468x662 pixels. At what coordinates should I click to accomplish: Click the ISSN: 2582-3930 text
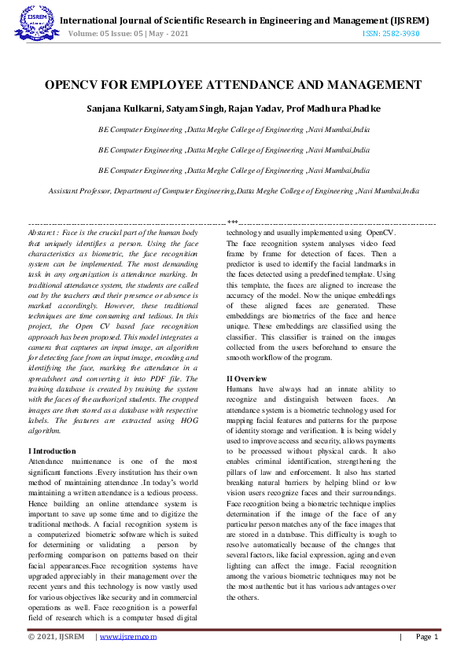pos(391,34)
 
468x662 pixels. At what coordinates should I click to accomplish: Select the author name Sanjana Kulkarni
pos(130,107)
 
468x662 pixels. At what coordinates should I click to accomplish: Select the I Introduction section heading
pos(52,450)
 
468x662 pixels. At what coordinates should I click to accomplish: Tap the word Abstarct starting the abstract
pos(46,234)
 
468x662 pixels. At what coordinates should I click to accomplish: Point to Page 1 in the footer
pos(426,637)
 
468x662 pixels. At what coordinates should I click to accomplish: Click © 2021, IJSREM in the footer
pos(56,637)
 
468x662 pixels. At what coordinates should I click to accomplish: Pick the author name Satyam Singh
pos(202,107)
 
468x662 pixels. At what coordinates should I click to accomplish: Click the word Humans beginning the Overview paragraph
pos(242,389)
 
